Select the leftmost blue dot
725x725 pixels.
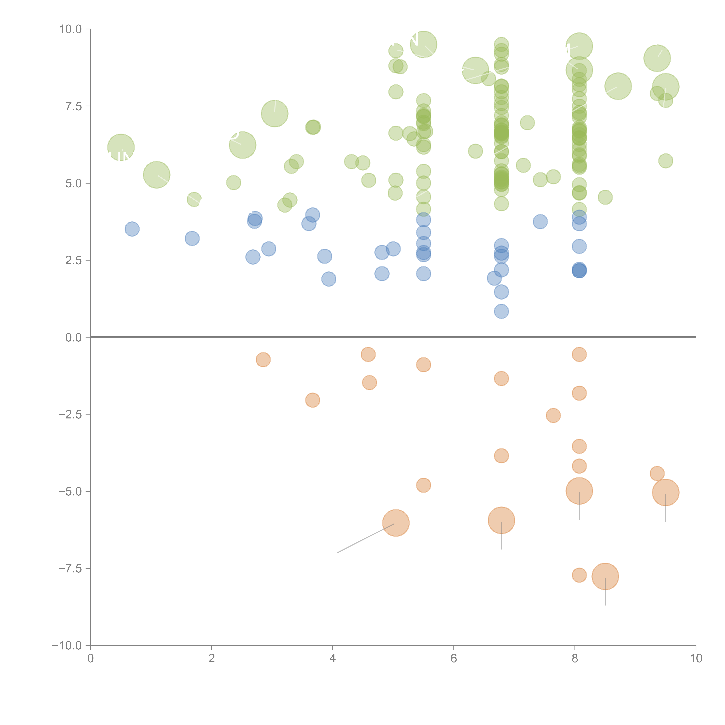point(132,229)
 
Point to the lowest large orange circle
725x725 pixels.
point(605,576)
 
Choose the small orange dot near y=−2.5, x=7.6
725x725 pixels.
point(553,415)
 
